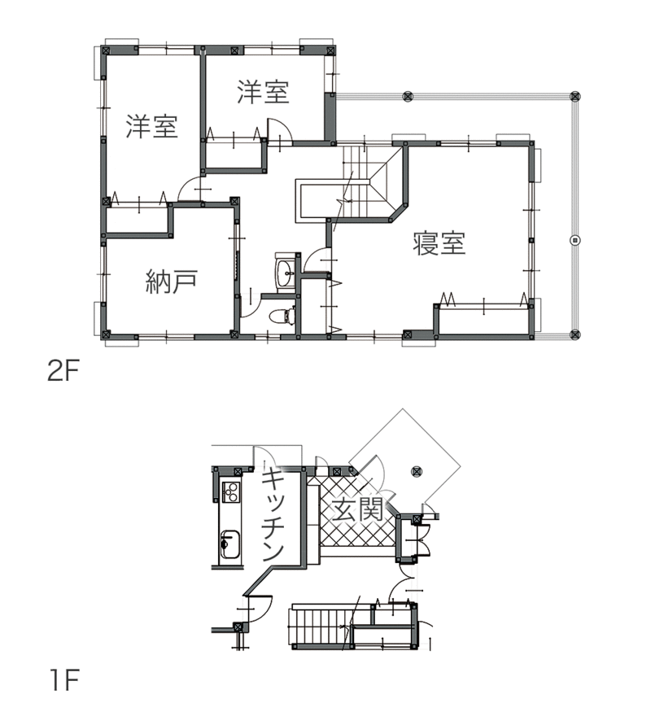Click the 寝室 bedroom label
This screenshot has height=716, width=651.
point(439,243)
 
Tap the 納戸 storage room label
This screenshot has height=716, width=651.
point(172,282)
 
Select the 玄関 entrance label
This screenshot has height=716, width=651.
point(358,509)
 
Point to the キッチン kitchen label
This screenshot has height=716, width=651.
point(273,514)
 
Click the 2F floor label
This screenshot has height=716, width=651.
point(63,372)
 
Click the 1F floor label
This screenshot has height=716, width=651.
point(64,679)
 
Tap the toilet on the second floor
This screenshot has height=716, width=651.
point(282,316)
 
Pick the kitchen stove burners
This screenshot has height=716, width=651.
point(230,491)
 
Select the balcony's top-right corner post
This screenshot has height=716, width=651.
point(575,96)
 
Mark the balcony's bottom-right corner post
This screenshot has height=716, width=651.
point(575,334)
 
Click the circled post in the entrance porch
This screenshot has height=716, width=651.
point(416,471)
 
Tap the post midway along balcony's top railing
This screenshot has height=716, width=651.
point(408,96)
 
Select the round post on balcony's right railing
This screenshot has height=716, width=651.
point(575,240)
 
